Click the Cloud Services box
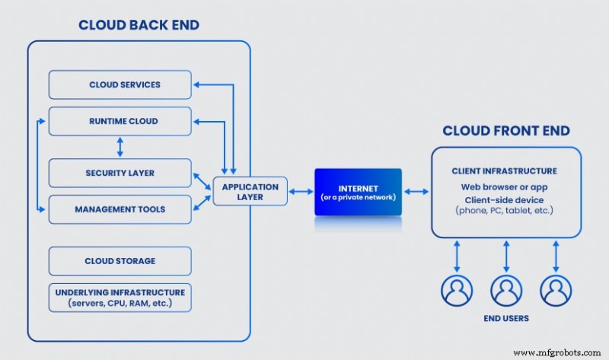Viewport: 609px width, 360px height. pos(120,84)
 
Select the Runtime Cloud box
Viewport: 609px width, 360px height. pos(120,121)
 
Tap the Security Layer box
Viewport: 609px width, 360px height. pos(120,173)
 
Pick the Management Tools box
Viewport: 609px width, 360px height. pos(120,209)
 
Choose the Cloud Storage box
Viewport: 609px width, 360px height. pos(120,261)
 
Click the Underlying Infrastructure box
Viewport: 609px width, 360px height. pos(120,298)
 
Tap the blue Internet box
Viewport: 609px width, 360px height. pos(358,191)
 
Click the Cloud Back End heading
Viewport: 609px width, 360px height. pos(139,25)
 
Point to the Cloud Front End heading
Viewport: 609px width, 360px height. pos(505,130)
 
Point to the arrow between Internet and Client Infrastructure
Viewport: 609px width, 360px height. pos(416,191)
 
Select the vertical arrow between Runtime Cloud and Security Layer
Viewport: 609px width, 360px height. pos(120,147)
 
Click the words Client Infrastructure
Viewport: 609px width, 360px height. pos(504,171)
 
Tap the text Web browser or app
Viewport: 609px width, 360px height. pos(504,186)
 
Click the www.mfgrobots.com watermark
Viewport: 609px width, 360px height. pos(560,352)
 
